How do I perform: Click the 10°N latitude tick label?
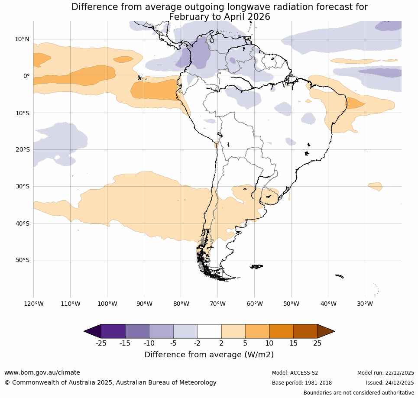click(x=22, y=39)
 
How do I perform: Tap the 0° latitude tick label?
click(x=26, y=76)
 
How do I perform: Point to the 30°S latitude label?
click(x=22, y=186)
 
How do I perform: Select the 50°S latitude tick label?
click(x=22, y=260)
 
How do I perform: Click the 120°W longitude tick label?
click(x=33, y=304)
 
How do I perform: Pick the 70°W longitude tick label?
click(x=217, y=304)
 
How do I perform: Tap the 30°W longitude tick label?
click(x=365, y=304)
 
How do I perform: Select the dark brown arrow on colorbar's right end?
click(x=326, y=331)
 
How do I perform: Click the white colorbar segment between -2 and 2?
click(x=209, y=331)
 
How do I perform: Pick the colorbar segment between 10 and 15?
click(x=281, y=331)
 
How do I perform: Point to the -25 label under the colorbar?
click(x=101, y=343)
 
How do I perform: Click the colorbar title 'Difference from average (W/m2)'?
click(x=209, y=355)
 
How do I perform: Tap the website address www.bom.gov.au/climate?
click(x=42, y=372)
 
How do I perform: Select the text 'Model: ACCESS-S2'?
click(x=295, y=373)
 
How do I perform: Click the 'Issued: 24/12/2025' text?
click(x=389, y=383)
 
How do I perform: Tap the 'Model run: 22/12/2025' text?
click(x=386, y=373)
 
